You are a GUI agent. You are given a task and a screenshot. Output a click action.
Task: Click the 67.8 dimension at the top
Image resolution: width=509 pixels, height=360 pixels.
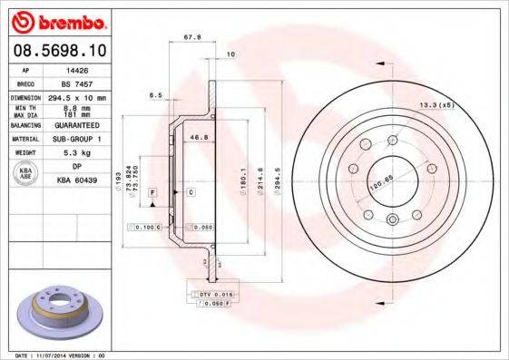pyautogui.click(x=191, y=38)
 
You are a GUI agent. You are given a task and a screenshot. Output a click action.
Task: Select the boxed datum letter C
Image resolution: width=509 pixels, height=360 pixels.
pyautogui.click(x=191, y=193)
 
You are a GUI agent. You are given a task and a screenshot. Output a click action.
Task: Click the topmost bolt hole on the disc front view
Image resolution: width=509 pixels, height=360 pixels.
pyautogui.click(x=393, y=140)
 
